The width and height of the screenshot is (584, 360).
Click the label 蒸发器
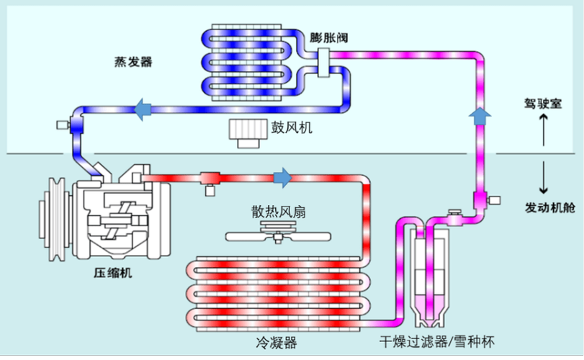pos(133,62)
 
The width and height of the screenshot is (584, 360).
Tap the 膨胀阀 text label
pos(328,37)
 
